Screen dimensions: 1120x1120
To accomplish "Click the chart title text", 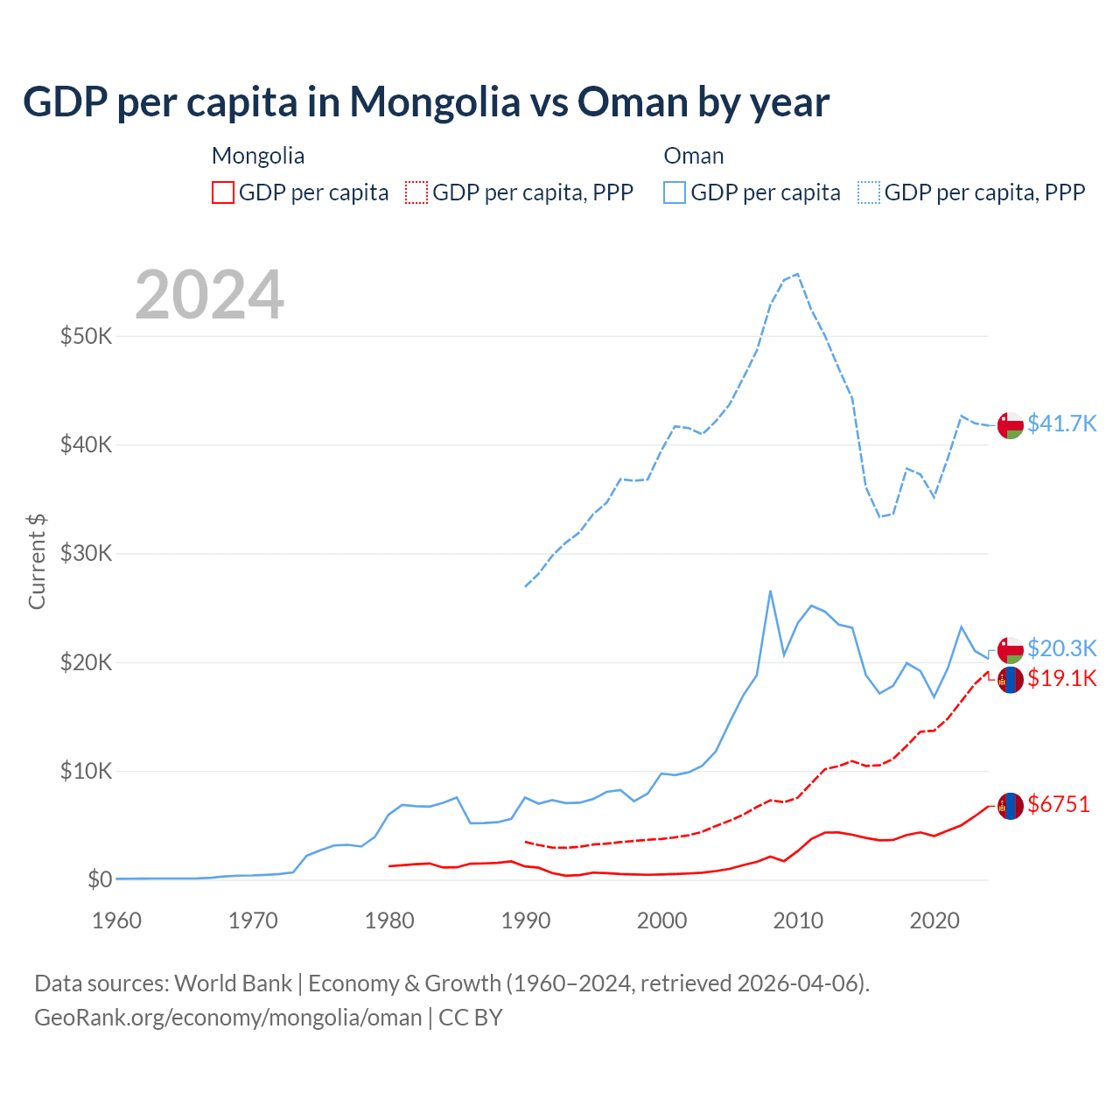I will pyautogui.click(x=426, y=102).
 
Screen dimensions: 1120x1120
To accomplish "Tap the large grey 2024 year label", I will pyautogui.click(x=210, y=295).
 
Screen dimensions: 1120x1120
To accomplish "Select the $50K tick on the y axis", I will pyautogui.click(x=86, y=336).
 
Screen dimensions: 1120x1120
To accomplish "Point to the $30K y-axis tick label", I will pyautogui.click(x=86, y=553).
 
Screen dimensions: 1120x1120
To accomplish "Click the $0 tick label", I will pyautogui.click(x=99, y=879).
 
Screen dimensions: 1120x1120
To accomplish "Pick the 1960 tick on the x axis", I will pyautogui.click(x=117, y=920).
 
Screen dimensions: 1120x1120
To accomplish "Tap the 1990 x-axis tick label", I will pyautogui.click(x=526, y=920).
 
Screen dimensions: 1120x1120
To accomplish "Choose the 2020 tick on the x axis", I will pyautogui.click(x=934, y=920).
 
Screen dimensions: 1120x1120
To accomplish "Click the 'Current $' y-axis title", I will pyautogui.click(x=37, y=561).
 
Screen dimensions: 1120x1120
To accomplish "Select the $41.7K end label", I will pyautogui.click(x=1061, y=423).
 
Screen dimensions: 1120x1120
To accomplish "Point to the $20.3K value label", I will pyautogui.click(x=1061, y=648).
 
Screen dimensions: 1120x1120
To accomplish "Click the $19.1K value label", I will pyautogui.click(x=1061, y=678).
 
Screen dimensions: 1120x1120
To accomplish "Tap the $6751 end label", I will pyautogui.click(x=1059, y=804).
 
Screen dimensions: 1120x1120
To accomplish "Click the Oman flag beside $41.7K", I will pyautogui.click(x=1011, y=425).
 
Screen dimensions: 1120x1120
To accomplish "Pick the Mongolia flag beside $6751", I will pyautogui.click(x=1011, y=805).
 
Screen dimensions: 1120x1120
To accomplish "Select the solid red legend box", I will pyautogui.click(x=223, y=192).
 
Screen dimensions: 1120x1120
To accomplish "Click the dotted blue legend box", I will pyautogui.click(x=869, y=192).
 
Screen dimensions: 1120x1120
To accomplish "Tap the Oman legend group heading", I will pyautogui.click(x=694, y=156).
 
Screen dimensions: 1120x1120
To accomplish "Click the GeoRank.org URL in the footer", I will pyautogui.click(x=228, y=1018).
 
